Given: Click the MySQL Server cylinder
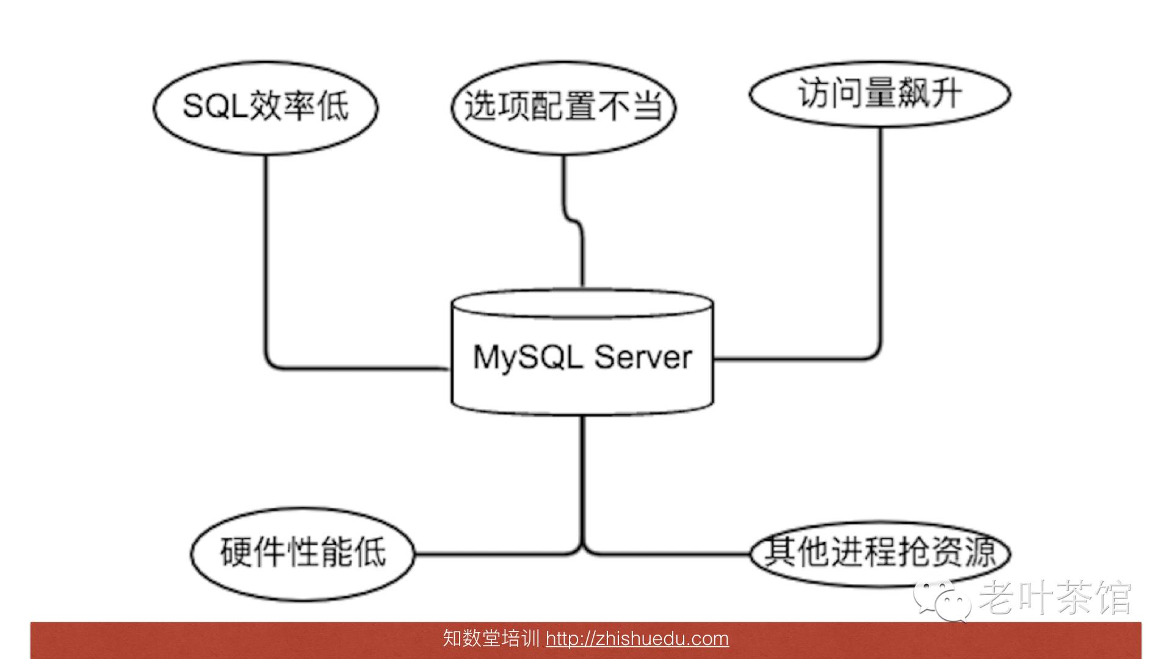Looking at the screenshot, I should click(582, 391).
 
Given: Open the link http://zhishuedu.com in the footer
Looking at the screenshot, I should click(637, 639).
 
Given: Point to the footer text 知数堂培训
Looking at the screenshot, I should click(491, 639).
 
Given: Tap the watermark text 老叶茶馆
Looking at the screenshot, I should click(1055, 597).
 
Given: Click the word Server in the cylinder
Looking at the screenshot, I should click(643, 357).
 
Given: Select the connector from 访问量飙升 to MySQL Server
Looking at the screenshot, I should click(881, 244).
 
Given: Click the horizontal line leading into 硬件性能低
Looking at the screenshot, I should click(494, 554).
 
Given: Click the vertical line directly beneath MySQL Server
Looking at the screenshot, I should click(582, 476).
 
